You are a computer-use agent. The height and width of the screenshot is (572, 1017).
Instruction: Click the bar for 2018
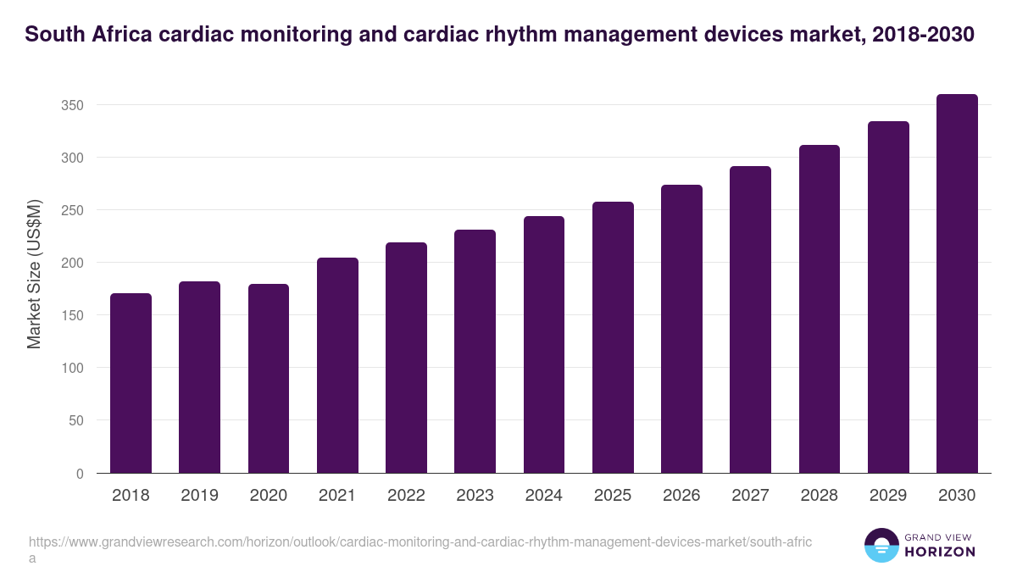[131, 383]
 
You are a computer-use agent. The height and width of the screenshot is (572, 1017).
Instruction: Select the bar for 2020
[269, 379]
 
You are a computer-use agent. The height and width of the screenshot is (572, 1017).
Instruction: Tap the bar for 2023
[475, 352]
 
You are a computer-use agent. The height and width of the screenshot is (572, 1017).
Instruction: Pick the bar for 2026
[681, 329]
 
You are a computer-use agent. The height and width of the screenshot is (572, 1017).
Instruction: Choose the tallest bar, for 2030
[957, 284]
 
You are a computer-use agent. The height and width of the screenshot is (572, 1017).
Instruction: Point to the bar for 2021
[337, 365]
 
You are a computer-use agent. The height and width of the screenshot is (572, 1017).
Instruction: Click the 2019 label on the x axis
[199, 496]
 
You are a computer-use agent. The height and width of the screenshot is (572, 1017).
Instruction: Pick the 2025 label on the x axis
[613, 496]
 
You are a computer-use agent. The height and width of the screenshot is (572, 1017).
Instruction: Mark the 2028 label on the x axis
[820, 496]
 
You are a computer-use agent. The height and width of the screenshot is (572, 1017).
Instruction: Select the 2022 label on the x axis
[406, 496]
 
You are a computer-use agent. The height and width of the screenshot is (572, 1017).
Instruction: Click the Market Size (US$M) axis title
[34, 275]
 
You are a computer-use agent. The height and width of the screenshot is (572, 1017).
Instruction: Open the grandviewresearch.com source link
[420, 542]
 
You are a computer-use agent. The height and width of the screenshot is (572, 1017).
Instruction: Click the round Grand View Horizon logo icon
[881, 545]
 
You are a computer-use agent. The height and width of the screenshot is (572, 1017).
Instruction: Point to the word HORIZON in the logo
[940, 552]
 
